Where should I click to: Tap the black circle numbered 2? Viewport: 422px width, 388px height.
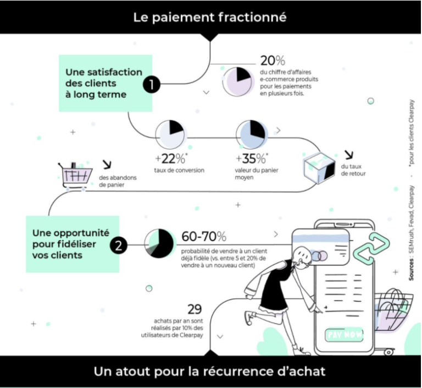[118, 244]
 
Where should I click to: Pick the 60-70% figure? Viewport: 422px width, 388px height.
[204, 237]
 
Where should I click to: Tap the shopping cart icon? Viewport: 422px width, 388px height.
[75, 175]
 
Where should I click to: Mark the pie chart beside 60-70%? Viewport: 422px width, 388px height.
[159, 243]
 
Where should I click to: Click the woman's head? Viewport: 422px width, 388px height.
[301, 256]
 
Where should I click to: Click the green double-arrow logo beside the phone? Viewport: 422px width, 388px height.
[370, 247]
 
